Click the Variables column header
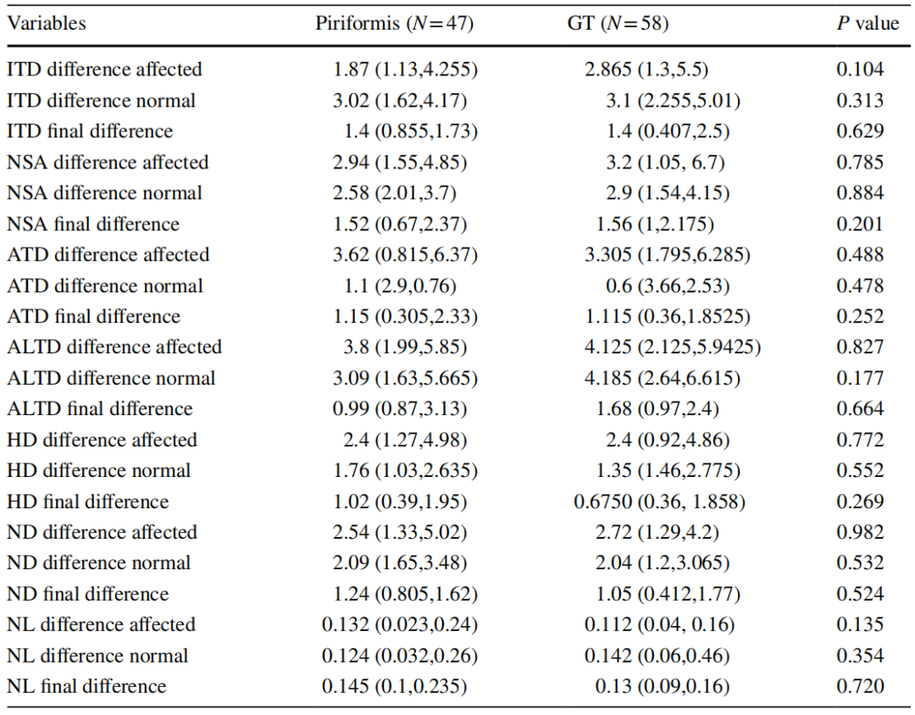click(47, 24)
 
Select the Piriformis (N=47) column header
click(395, 24)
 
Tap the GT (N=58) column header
click(618, 24)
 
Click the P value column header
click(868, 24)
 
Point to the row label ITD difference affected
click(104, 69)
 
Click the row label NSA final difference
click(93, 224)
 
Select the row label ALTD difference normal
click(112, 378)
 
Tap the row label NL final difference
click(87, 686)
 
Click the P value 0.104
click(860, 69)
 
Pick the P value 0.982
click(860, 532)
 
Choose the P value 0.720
click(860, 686)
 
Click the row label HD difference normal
click(99, 470)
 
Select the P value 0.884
click(860, 193)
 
